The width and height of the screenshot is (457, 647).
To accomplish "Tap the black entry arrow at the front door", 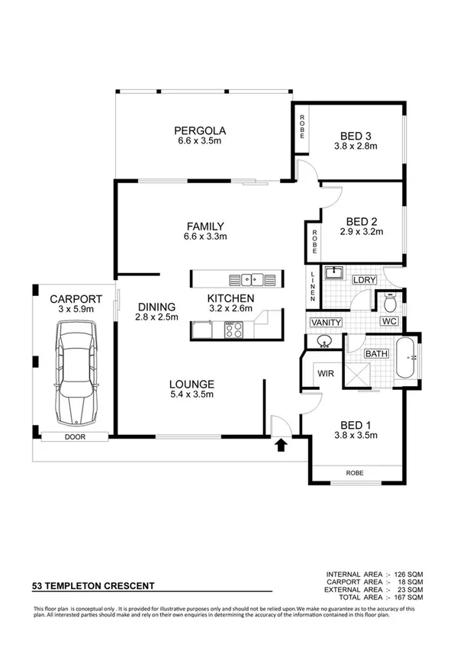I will (280, 444).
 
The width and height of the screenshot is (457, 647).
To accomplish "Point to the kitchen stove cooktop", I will (232, 330).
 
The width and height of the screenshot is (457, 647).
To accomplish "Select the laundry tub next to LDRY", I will (334, 272).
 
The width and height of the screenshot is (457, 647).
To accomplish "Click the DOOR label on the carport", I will (76, 437).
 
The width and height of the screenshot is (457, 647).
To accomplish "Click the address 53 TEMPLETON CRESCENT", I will (93, 586).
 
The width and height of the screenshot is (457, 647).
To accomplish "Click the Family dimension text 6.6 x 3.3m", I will (205, 237).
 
